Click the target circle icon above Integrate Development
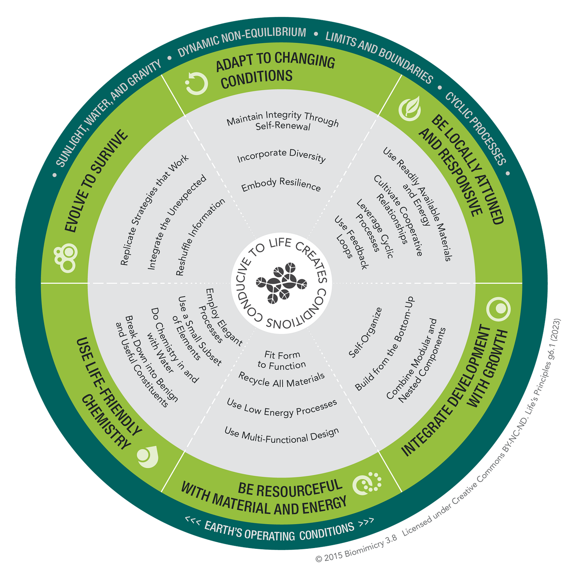[499, 309]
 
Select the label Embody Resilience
[281, 184]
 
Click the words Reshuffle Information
[200, 237]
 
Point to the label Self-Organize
[365, 332]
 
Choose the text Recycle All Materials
[281, 380]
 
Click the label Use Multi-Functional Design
[281, 435]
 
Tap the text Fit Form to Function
[282, 360]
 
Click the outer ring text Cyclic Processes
[475, 128]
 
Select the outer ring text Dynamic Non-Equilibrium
[242, 41]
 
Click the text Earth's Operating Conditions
[279, 532]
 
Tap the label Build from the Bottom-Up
[384, 344]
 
